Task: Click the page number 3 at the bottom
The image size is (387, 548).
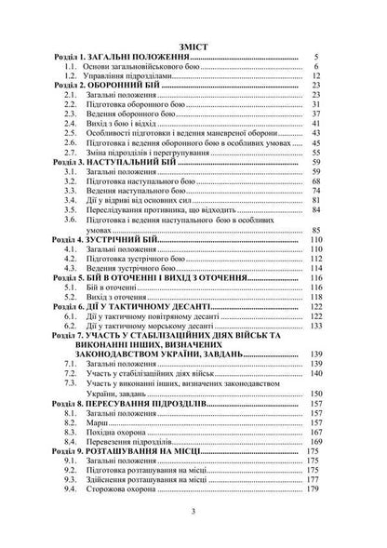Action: tap(193, 511)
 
